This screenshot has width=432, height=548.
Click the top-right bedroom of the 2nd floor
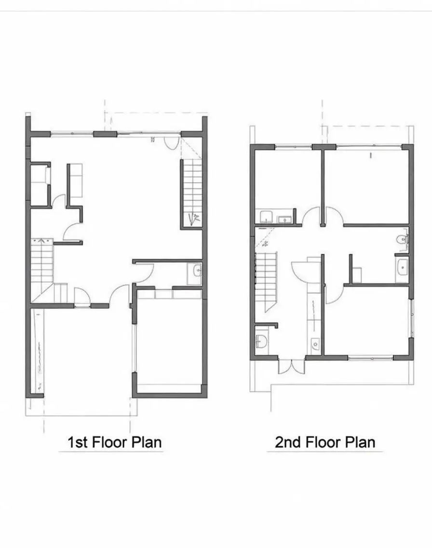[366, 186]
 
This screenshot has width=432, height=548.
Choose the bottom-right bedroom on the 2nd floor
[367, 321]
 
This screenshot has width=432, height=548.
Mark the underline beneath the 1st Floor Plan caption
[111, 452]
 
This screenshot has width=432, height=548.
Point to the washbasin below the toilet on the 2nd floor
[401, 267]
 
